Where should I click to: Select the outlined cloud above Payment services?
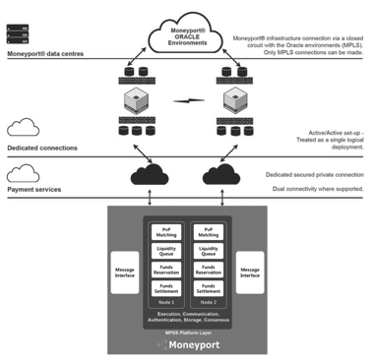pos(23,173)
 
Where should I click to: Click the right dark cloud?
pos(221,175)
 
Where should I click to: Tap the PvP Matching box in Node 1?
pos(165,232)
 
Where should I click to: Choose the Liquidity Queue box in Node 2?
pos(208,252)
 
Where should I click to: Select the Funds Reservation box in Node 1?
pos(165,270)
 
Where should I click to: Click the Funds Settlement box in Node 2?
pos(208,289)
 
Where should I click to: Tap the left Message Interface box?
pos(125,271)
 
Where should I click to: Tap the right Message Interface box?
pos(250,271)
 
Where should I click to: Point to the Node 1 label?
pos(165,302)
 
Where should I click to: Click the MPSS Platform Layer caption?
pos(186,332)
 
